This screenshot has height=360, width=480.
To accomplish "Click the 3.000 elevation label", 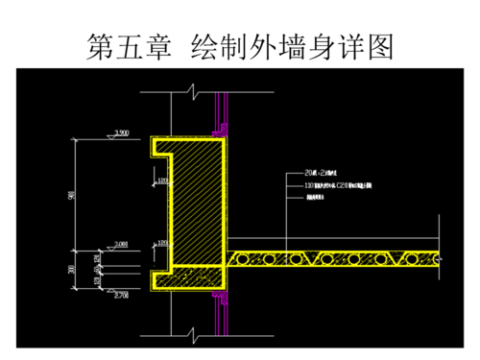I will pyautogui.click(x=122, y=245).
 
